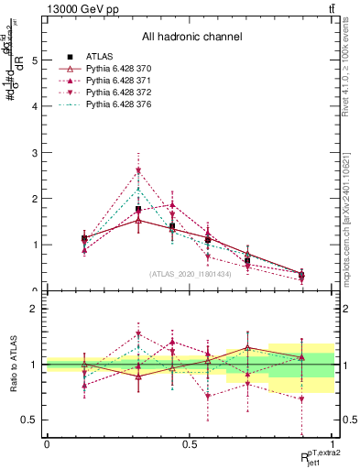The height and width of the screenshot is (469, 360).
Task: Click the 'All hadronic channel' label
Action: (191, 38)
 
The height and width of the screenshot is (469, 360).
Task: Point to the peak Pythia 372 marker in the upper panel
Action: (138, 171)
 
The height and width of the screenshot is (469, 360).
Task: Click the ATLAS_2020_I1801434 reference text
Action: (190, 274)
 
